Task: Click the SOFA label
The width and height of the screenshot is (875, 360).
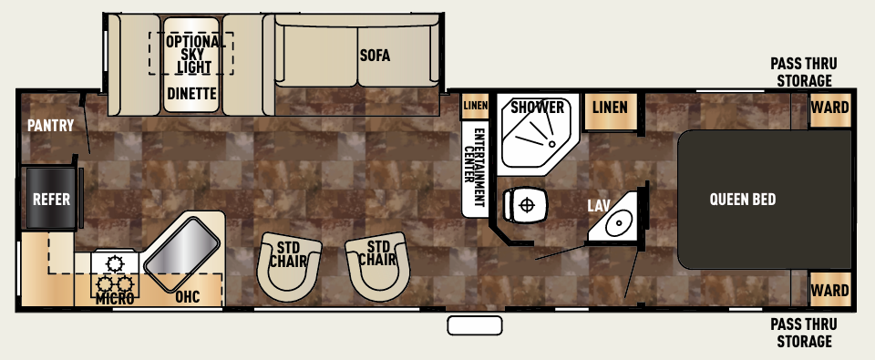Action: point(374,56)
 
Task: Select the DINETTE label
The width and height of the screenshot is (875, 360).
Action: point(191,93)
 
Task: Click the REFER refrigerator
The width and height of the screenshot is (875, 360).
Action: point(52,200)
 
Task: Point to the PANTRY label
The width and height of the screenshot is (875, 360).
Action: point(49,126)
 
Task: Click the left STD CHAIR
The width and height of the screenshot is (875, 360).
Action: point(291,263)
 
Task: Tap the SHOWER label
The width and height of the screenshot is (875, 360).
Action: point(537,108)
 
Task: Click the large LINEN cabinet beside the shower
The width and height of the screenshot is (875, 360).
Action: point(610,108)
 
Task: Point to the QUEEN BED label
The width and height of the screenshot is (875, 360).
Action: point(743,200)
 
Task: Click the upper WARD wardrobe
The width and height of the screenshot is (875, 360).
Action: point(829,108)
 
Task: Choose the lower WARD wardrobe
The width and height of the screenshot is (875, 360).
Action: point(829,291)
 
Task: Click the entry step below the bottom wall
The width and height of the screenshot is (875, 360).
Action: point(474,325)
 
